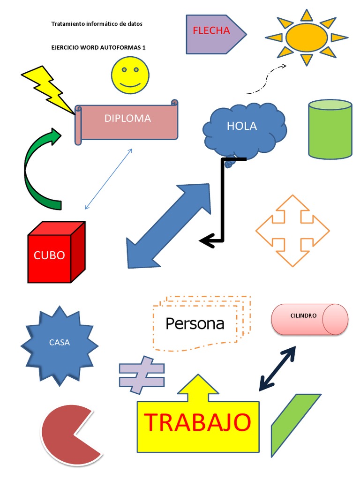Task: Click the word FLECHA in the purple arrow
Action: tap(211, 31)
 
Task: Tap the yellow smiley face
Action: tap(130, 75)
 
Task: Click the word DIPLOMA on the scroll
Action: tap(127, 119)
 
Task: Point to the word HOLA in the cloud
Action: tap(241, 126)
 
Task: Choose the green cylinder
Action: tap(330, 128)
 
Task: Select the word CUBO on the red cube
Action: tap(49, 255)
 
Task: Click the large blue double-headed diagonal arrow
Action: tap(169, 225)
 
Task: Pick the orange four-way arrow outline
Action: tap(292, 231)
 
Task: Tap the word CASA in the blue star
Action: tap(60, 343)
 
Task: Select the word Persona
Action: tap(195, 323)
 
